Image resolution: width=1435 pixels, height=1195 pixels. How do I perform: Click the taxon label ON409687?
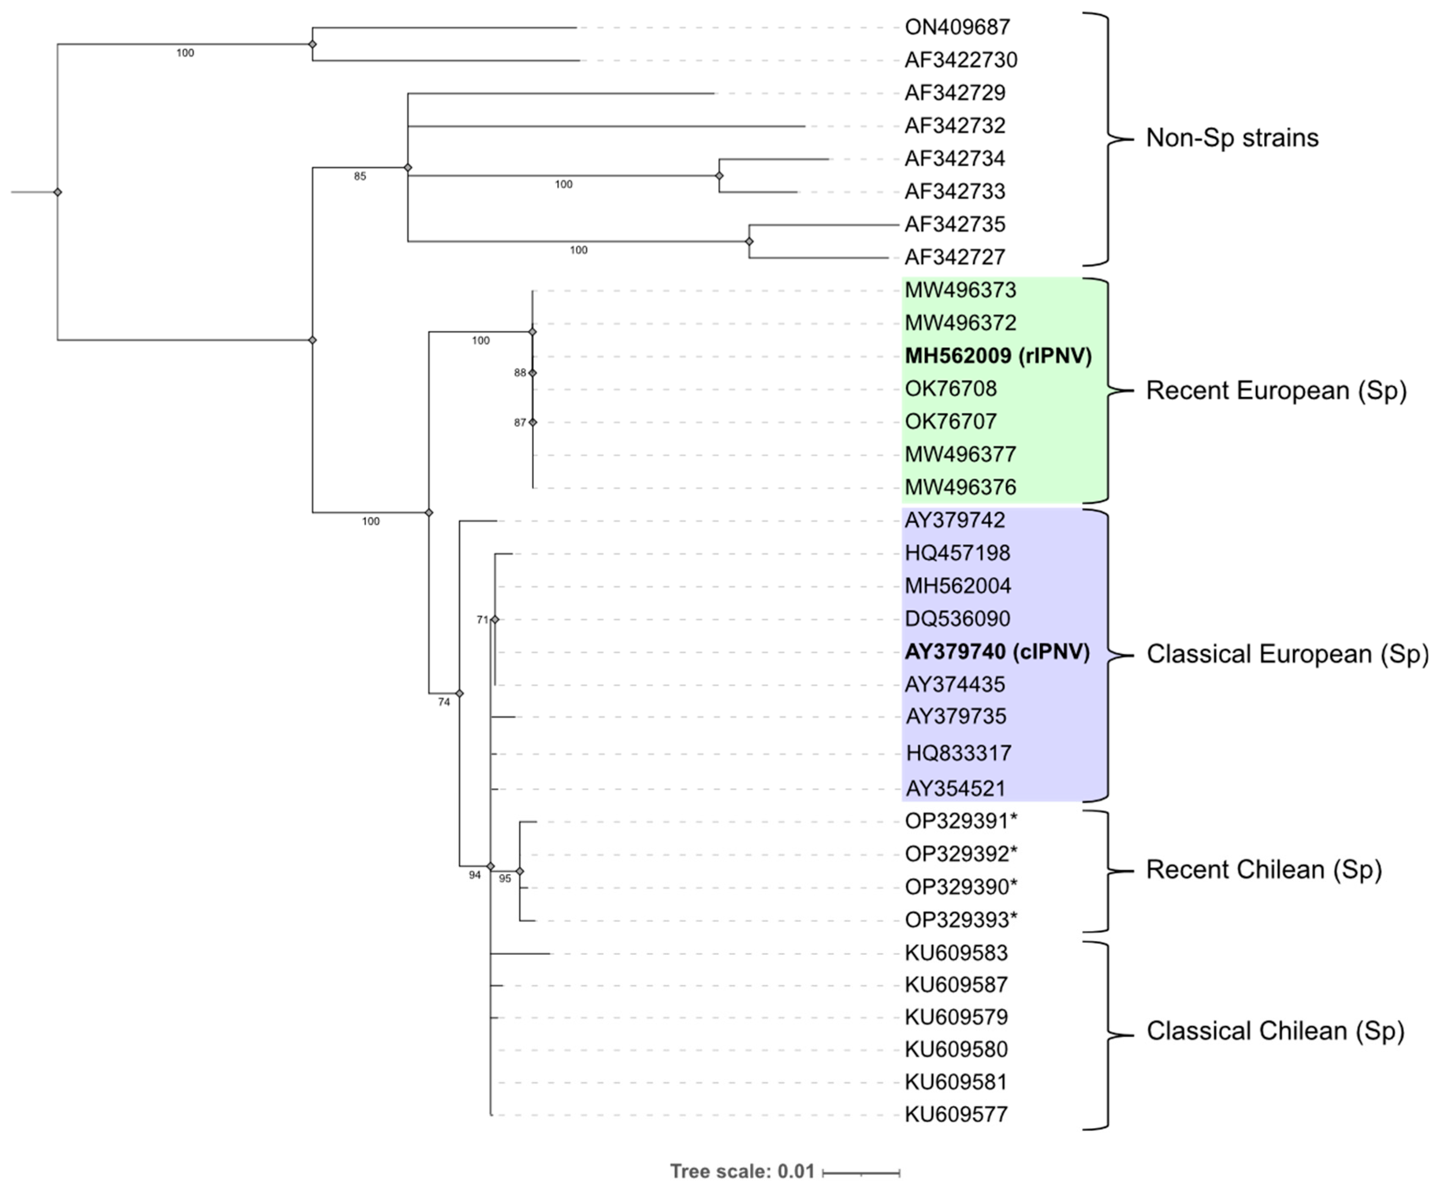(957, 28)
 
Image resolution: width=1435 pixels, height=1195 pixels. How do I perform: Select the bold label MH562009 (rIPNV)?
(998, 355)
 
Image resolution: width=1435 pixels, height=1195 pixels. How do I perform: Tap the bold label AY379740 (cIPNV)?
(996, 652)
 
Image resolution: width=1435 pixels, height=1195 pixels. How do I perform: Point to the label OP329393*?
(961, 920)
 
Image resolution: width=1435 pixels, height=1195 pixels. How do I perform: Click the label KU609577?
(956, 1114)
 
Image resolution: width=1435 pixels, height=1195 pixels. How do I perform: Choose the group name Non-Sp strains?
(1232, 138)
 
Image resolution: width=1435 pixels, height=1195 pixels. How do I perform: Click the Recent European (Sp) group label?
(1276, 391)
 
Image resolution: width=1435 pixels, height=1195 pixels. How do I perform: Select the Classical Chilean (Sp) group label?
(1275, 1030)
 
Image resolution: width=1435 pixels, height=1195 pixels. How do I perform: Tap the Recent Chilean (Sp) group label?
(1264, 869)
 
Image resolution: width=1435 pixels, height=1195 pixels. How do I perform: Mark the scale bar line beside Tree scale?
(861, 1173)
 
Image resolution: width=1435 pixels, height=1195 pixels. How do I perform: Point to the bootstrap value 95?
(505, 878)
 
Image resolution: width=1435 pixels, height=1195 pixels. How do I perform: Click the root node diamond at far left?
(58, 192)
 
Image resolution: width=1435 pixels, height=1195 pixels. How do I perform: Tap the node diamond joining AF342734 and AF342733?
(719, 176)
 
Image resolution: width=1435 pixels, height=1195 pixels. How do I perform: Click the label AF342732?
(955, 126)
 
